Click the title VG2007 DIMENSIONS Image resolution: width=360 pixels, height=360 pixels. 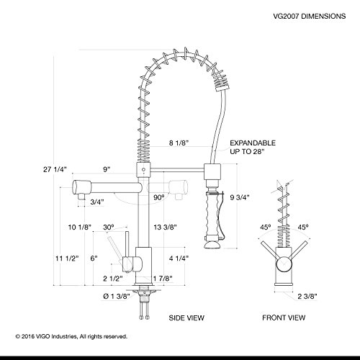(x=310, y=16)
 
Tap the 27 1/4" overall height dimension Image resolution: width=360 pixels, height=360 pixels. (x=55, y=169)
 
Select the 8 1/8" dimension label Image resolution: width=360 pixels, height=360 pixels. (x=179, y=143)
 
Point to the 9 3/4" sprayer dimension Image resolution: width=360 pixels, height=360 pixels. (x=240, y=197)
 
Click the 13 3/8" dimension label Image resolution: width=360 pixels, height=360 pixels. (x=165, y=227)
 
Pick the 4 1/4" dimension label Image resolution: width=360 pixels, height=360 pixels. (x=179, y=258)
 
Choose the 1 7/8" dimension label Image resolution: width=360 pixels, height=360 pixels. (x=163, y=279)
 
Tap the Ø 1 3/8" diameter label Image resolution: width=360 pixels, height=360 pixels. (x=117, y=297)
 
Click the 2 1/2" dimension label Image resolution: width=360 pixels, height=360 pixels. (x=113, y=279)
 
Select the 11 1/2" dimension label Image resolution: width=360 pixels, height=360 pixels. (x=67, y=258)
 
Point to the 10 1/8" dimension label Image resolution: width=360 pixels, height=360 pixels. (x=80, y=227)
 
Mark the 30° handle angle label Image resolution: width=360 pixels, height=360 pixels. (x=109, y=227)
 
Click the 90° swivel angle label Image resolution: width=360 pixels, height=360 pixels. (x=159, y=197)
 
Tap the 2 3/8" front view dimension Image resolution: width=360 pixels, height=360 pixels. (x=307, y=297)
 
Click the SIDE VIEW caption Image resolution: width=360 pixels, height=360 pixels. (x=186, y=318)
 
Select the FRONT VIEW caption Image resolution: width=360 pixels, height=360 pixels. (x=284, y=318)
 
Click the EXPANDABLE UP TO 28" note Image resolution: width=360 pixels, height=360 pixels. (x=253, y=147)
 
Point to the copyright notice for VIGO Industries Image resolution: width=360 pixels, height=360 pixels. (x=71, y=336)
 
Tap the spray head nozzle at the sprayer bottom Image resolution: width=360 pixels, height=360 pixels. (x=212, y=245)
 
